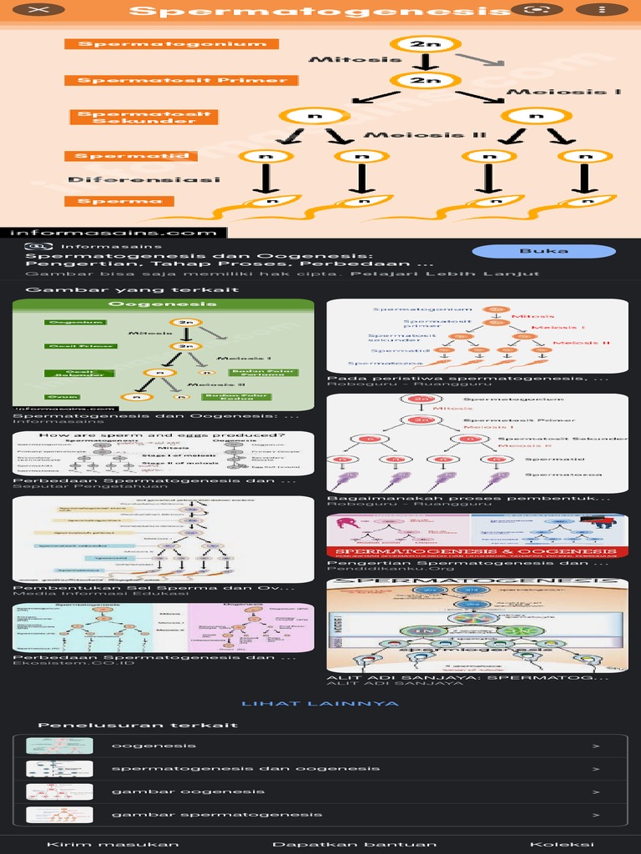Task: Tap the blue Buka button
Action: coord(543,251)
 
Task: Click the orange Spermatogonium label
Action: coord(171,44)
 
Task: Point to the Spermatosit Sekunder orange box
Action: coord(144,117)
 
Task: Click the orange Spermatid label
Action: coord(134,156)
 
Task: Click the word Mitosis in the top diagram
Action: coord(342,60)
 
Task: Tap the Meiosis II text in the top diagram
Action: coord(426,135)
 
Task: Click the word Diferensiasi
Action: coord(144,179)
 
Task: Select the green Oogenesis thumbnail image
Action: coord(164,355)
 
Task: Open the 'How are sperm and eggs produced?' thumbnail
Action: coord(164,453)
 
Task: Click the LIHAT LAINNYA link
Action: coord(320,704)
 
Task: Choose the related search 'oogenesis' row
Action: coord(320,746)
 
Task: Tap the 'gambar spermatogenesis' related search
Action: coord(320,815)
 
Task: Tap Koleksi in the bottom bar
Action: coord(562,844)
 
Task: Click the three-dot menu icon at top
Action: coord(603,11)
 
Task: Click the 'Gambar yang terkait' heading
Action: coord(133,290)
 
